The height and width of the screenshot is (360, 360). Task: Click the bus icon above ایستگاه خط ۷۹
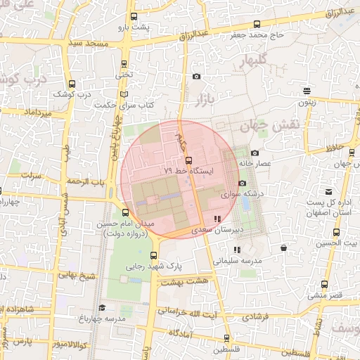coord(177,160)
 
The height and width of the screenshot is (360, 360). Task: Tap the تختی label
coord(124,74)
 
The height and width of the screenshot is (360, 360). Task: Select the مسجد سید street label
coord(89,44)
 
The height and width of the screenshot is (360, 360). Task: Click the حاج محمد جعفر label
coord(259,33)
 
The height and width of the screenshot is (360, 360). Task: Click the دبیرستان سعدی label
coord(219,229)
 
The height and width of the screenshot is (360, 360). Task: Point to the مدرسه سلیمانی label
coord(237,260)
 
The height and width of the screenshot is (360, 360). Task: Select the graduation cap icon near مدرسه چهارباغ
coord(102,307)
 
